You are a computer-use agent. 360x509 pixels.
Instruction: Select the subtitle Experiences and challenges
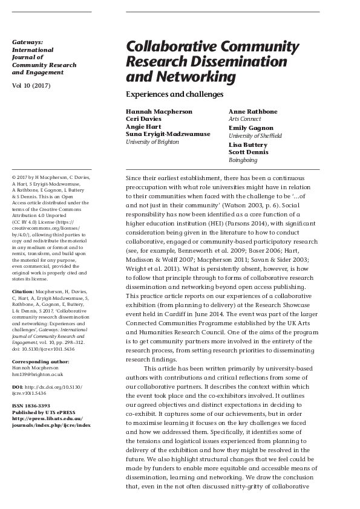click(174, 94)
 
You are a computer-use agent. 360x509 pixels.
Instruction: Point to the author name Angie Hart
click(142, 127)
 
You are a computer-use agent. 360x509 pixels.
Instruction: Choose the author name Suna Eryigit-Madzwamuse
click(168, 134)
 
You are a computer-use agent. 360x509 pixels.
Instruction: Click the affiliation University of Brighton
click(152, 141)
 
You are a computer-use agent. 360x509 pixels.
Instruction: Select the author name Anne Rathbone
click(252, 112)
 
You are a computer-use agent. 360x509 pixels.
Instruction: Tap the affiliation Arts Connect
click(244, 120)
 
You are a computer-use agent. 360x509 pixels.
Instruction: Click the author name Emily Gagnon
click(250, 128)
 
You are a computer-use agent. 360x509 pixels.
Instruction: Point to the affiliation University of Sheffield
click(255, 136)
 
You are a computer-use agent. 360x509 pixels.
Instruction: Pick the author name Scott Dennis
click(249, 152)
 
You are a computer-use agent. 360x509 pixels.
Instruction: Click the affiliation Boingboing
click(243, 160)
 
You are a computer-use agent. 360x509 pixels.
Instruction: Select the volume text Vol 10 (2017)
click(31, 86)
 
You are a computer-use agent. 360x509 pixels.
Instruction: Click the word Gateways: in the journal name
click(27, 42)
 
